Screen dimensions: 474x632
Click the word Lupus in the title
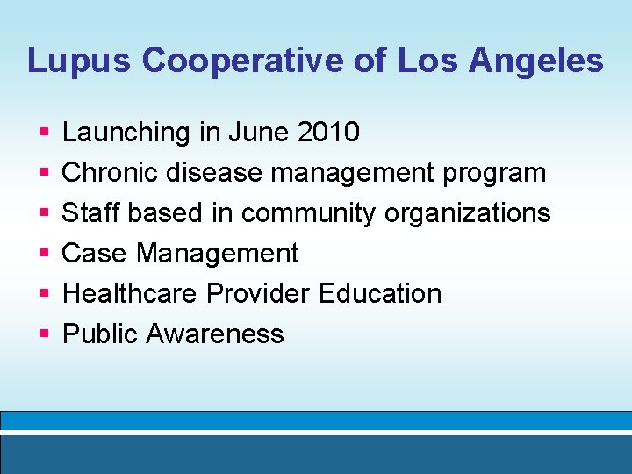(x=78, y=61)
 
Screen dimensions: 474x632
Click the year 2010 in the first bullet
(x=328, y=133)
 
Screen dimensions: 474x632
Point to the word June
(x=259, y=133)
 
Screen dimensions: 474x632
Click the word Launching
(x=126, y=133)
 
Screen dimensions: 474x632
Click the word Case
(x=95, y=254)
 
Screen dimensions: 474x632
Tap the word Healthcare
(x=130, y=294)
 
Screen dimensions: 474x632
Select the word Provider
(x=259, y=294)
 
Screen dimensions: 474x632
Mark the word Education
(x=380, y=294)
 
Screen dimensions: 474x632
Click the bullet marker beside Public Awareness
(x=43, y=334)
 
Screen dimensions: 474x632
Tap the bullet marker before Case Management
(x=43, y=254)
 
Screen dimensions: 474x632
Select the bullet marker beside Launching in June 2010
(x=43, y=133)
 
